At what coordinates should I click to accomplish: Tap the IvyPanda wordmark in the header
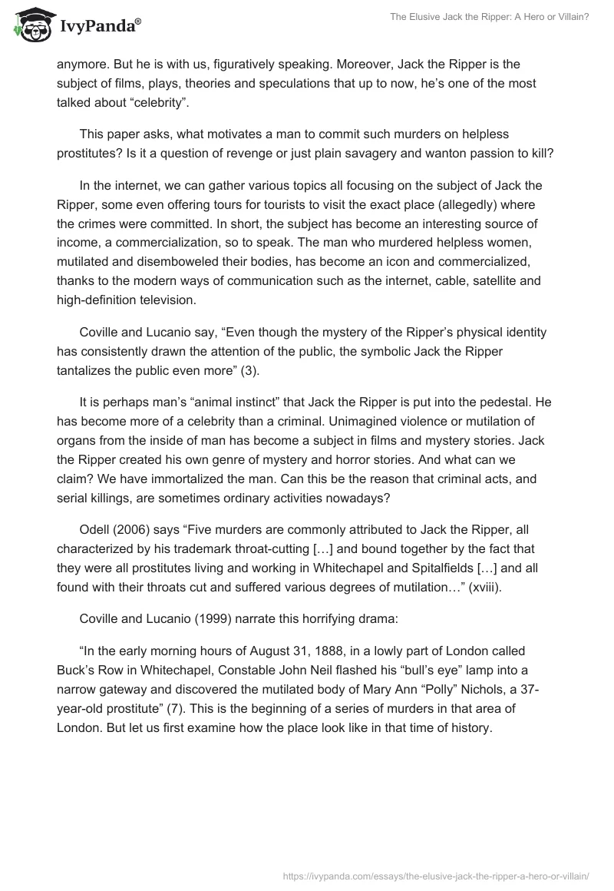pos(99,27)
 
